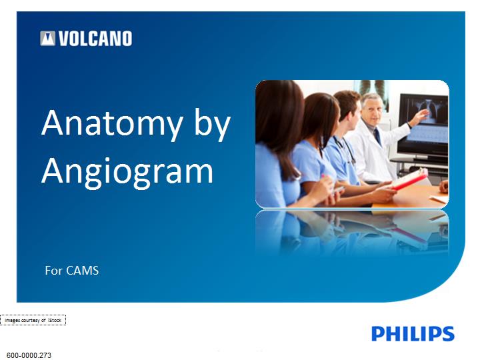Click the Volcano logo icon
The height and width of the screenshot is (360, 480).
48,39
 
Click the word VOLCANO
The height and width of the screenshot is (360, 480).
95,39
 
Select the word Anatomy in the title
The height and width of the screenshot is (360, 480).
112,123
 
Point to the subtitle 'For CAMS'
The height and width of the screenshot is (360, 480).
71,271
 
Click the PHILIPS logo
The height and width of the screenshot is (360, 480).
413,334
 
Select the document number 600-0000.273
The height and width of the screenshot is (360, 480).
29,355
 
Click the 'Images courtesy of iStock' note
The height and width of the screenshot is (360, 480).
33,320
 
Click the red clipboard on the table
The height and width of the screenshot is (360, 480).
409,180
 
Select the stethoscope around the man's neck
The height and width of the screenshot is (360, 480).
345,150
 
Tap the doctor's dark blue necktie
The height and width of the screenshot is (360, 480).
377,136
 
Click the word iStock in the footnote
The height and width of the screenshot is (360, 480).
55,320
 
